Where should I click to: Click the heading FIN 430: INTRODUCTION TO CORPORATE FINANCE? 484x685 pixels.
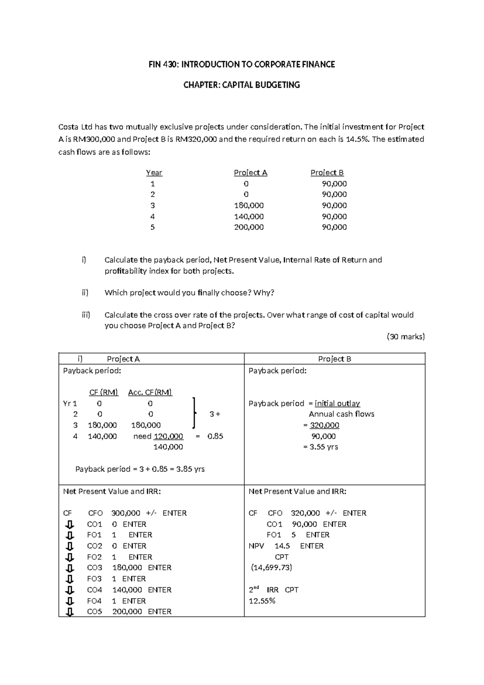point(242,64)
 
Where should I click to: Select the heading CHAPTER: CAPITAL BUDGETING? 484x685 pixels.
point(242,85)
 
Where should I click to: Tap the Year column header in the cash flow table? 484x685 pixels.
point(154,173)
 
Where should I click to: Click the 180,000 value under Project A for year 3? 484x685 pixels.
point(249,205)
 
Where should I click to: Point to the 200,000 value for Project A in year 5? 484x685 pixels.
point(249,227)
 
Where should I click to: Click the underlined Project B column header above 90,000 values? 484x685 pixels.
point(327,173)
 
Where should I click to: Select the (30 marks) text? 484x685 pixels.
point(405,336)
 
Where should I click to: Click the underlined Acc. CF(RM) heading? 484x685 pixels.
point(150,392)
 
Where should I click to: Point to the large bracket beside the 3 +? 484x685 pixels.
point(194,413)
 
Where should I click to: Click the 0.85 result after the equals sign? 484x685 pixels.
point(215,436)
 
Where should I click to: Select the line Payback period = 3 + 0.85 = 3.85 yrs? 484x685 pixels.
point(140,469)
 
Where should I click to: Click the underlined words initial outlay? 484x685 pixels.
point(337,403)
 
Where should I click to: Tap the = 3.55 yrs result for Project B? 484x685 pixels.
point(320,447)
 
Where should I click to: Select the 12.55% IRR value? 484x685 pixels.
point(262,601)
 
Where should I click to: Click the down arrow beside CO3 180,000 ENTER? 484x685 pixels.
point(70,568)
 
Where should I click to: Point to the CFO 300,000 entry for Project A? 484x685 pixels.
point(114,513)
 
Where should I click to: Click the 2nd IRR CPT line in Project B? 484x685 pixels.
point(273,590)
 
